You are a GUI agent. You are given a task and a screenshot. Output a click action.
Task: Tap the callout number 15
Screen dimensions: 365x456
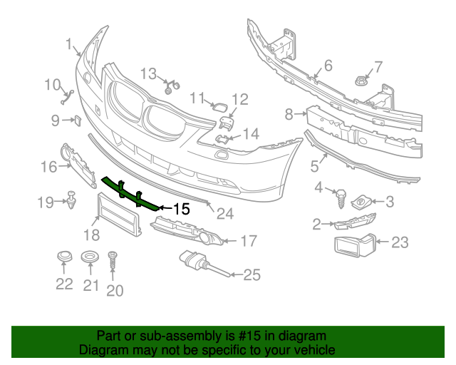181,209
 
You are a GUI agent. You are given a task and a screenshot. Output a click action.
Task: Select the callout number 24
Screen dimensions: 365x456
225,213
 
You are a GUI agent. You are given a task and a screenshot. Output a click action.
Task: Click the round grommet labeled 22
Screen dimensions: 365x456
65,257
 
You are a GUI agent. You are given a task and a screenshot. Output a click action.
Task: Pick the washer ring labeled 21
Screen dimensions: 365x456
90,257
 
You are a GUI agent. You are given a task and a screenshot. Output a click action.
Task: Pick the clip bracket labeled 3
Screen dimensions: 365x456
362,202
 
